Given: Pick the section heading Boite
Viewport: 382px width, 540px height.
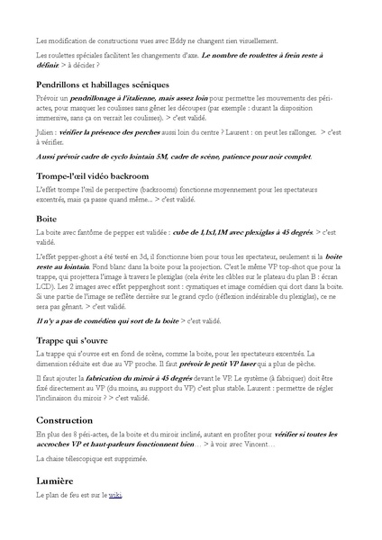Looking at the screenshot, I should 47,219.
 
